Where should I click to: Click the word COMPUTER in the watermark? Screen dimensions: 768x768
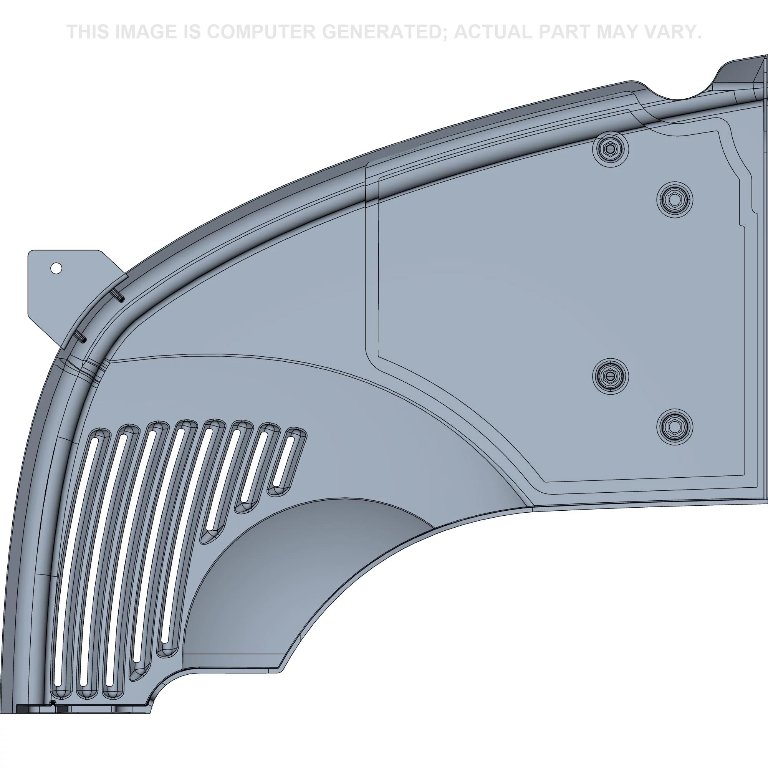pos(260,31)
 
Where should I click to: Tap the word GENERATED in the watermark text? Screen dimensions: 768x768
pos(383,31)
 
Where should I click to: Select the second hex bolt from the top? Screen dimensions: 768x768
pos(675,200)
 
